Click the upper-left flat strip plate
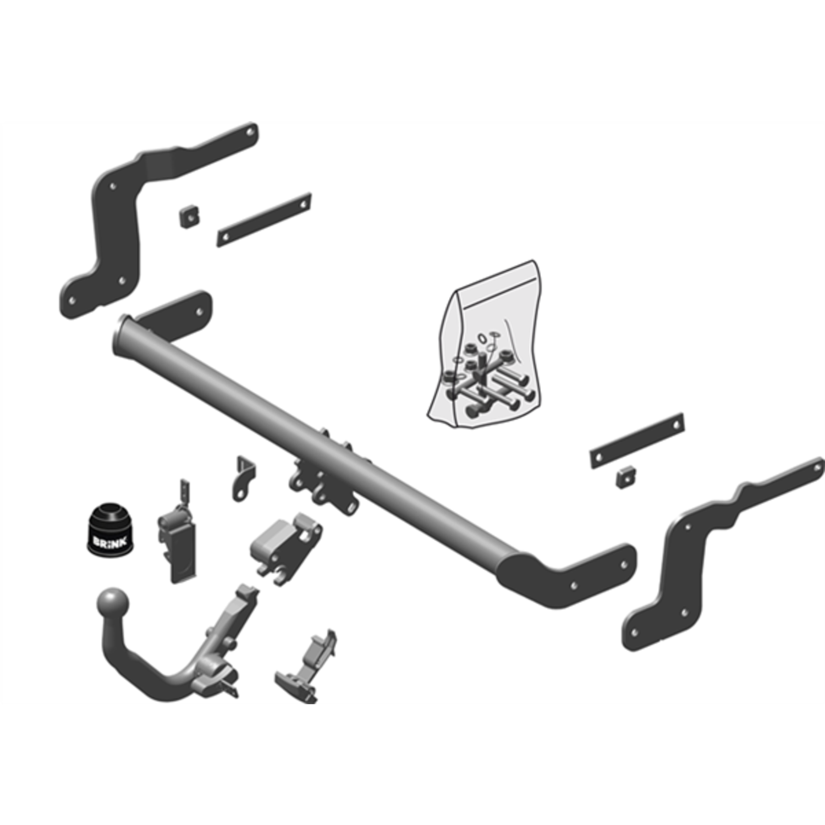click(x=264, y=219)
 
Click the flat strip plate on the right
click(x=637, y=441)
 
